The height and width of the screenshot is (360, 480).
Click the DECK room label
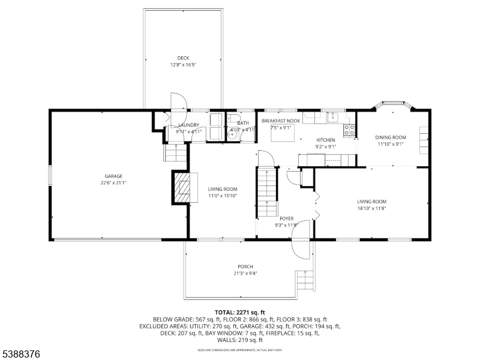(183, 58)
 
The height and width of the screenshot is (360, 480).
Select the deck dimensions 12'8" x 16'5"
(183, 65)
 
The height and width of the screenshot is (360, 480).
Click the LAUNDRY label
(188, 125)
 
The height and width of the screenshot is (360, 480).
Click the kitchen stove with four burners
(349, 129)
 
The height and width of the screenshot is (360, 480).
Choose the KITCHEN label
(326, 140)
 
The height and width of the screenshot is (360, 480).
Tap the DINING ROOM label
(391, 137)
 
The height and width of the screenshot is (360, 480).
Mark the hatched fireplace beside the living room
(182, 188)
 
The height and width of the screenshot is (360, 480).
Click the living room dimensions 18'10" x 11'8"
(371, 208)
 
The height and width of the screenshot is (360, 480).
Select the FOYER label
(286, 219)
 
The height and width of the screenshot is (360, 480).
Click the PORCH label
(245, 267)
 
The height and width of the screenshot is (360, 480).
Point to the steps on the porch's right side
(305, 280)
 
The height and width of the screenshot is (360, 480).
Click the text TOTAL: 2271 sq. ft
(239, 313)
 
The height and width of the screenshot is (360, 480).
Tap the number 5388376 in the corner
(21, 355)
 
